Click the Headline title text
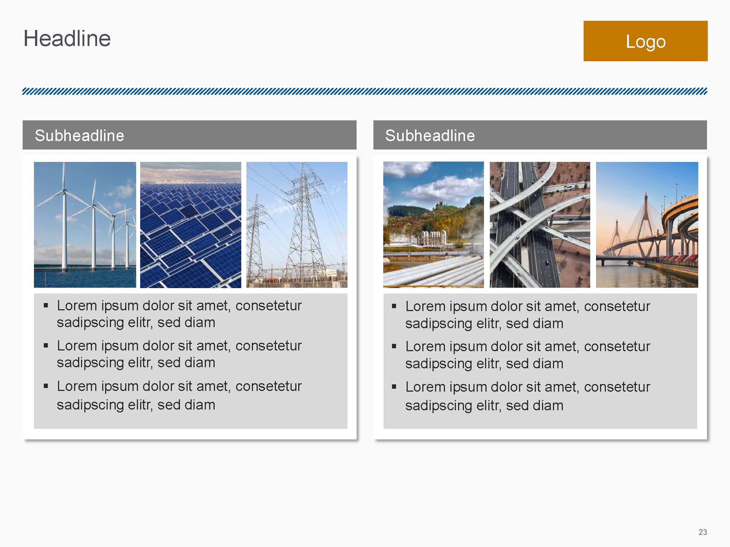pos(67,39)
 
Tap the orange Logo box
pos(645,41)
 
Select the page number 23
pos(703,532)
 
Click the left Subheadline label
pos(80,136)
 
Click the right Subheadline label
pos(430,136)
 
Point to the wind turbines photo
pos(85,225)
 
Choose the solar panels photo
pos(191,225)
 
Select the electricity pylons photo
pos(297,225)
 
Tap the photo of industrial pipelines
pos(434,225)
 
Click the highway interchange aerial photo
pos(540,225)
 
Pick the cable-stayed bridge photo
pos(647,225)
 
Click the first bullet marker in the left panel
pos(46,305)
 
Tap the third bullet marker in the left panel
pos(46,386)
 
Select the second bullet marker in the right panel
pos(394,346)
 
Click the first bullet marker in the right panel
pos(394,306)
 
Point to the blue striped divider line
pos(365,91)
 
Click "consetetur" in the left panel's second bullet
pos(269,346)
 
